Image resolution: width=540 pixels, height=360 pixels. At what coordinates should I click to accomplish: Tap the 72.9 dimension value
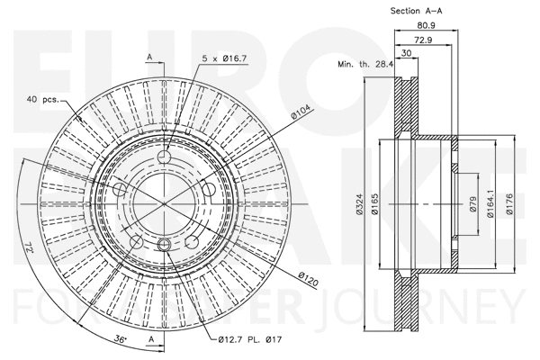click(x=421, y=41)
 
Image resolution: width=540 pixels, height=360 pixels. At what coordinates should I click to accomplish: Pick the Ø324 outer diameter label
click(x=358, y=206)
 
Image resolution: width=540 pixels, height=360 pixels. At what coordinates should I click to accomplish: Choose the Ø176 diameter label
click(x=508, y=206)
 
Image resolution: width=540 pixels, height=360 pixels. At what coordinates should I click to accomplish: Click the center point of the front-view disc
click(x=164, y=202)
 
